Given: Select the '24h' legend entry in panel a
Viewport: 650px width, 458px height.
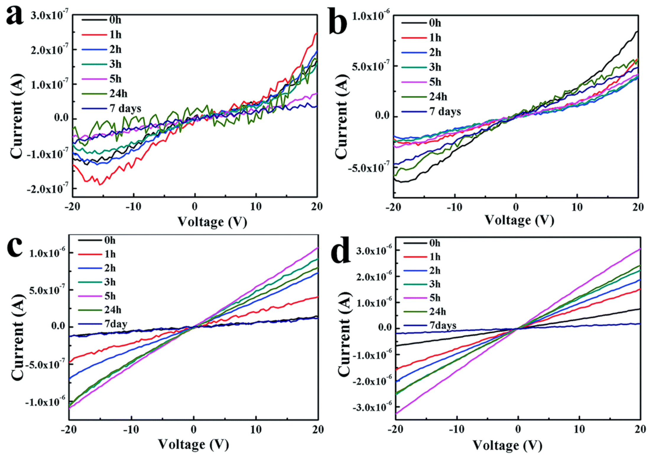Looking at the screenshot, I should click(x=118, y=94).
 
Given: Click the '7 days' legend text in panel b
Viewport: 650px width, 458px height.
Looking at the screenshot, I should click(x=445, y=112).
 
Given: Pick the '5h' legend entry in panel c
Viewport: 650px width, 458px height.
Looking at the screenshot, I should click(x=110, y=296).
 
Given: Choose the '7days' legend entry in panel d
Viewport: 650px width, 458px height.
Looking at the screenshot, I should click(x=442, y=325).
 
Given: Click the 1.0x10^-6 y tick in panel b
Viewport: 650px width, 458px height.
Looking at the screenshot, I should click(x=371, y=16).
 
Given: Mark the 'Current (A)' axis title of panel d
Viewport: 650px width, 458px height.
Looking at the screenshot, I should click(x=344, y=328).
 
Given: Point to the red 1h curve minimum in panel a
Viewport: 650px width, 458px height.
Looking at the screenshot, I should click(x=100, y=185).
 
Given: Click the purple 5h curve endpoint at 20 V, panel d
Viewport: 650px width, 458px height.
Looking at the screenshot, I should click(x=640, y=249).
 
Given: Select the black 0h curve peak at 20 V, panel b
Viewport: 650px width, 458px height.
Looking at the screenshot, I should click(x=637, y=31).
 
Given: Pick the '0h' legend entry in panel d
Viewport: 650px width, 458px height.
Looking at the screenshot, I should click(x=434, y=243).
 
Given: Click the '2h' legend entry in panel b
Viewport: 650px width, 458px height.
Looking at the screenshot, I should click(x=435, y=53).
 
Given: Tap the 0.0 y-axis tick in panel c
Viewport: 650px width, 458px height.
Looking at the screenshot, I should click(x=58, y=326).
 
